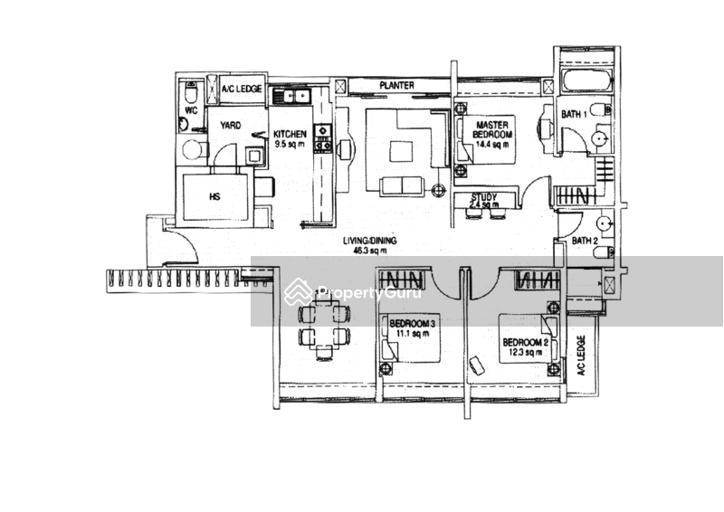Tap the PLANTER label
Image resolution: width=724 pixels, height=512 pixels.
396,86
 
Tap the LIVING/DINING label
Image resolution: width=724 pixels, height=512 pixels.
374,241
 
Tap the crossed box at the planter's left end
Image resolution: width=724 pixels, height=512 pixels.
340,87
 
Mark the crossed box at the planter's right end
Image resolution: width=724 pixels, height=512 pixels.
548,87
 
